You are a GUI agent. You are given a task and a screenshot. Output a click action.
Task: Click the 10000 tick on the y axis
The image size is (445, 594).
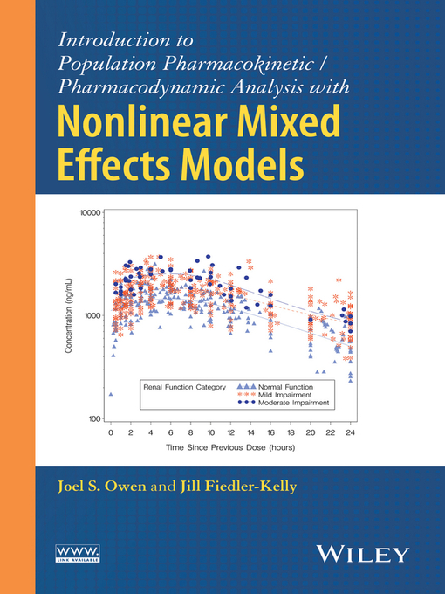[x=92, y=212]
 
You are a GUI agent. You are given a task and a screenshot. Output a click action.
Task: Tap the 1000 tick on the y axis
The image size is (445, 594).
[x=93, y=316]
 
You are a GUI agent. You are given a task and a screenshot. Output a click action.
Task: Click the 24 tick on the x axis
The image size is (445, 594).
[x=350, y=432]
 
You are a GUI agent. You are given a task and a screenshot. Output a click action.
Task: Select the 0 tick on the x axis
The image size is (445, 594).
[x=111, y=432]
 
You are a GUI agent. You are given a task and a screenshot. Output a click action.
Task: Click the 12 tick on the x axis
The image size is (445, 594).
[x=230, y=432]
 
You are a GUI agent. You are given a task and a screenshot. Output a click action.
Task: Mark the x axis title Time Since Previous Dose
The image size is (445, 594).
[x=230, y=447]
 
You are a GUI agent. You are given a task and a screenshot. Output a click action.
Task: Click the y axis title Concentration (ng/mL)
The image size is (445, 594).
[x=69, y=317]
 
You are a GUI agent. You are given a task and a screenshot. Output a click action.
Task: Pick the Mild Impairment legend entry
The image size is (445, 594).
[x=284, y=394]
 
